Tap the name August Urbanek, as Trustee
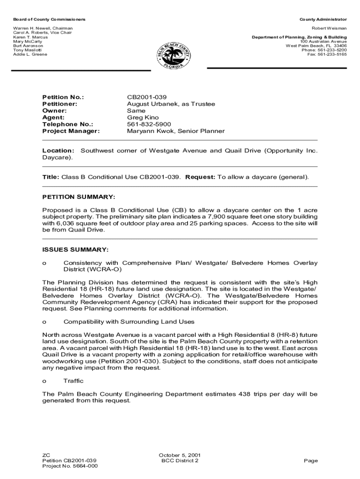point(171,104)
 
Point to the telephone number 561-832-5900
point(149,124)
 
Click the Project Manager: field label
point(71,131)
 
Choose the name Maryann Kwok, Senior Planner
point(176,131)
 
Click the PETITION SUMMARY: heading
point(79,197)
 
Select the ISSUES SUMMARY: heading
point(75,249)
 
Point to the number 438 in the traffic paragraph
point(242,394)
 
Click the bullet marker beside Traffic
point(44,381)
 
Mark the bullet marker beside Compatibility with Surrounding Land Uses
point(44,322)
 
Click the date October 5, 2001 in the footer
point(180,455)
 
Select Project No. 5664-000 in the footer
point(70,466)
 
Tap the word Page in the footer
point(310,461)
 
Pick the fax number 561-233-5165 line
point(327,54)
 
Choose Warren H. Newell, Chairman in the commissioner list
point(43,29)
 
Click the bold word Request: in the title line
point(200,177)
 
